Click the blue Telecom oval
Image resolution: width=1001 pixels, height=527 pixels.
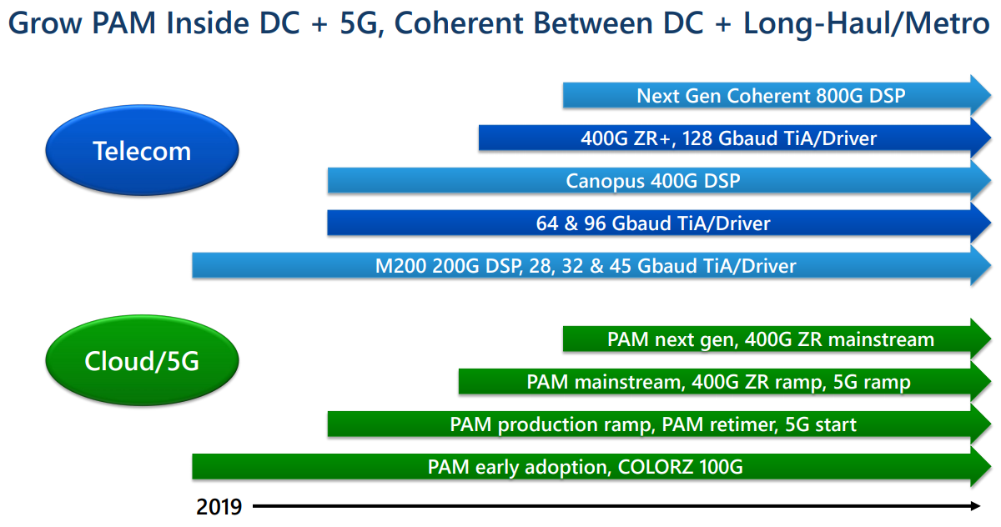click(x=142, y=151)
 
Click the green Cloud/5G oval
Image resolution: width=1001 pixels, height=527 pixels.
click(x=142, y=361)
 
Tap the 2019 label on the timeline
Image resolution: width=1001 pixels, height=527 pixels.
click(x=219, y=506)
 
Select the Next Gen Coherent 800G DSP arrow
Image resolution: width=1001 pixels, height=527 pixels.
click(x=771, y=95)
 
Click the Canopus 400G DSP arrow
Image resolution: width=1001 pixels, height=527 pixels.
click(x=652, y=180)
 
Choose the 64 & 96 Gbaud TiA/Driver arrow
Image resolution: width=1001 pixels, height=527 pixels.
click(x=652, y=223)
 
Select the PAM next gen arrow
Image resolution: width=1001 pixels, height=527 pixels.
click(x=771, y=339)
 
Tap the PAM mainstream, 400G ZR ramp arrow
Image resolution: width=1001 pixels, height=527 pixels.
click(x=718, y=382)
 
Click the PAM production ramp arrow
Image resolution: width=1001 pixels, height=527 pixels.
click(x=652, y=424)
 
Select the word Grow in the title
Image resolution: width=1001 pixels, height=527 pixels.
click(x=43, y=23)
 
